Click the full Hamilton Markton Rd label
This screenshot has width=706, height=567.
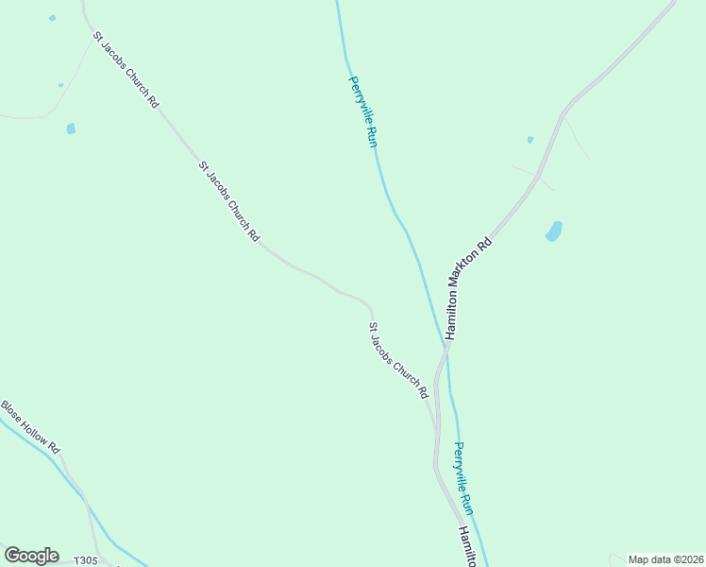pos(469,288)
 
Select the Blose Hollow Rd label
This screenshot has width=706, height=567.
pos(30,427)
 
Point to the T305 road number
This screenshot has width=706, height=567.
pos(86,560)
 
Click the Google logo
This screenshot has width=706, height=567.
pos(31,556)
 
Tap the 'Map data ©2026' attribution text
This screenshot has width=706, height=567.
pos(665,559)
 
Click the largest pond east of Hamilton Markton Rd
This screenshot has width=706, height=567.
pos(554,231)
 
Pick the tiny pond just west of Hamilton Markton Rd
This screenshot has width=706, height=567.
pos(530,140)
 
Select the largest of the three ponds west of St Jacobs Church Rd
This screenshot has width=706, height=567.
pos(71,129)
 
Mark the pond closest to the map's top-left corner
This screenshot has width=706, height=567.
pos(52,18)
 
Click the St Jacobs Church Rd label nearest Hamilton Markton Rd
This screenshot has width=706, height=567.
pos(398,360)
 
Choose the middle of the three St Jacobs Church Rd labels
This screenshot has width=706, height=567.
pos(228,201)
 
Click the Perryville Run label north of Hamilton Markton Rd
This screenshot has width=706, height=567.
pos(363,111)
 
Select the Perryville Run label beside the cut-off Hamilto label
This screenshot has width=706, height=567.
pos(463,478)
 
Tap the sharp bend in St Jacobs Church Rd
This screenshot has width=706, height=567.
pos(371,308)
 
